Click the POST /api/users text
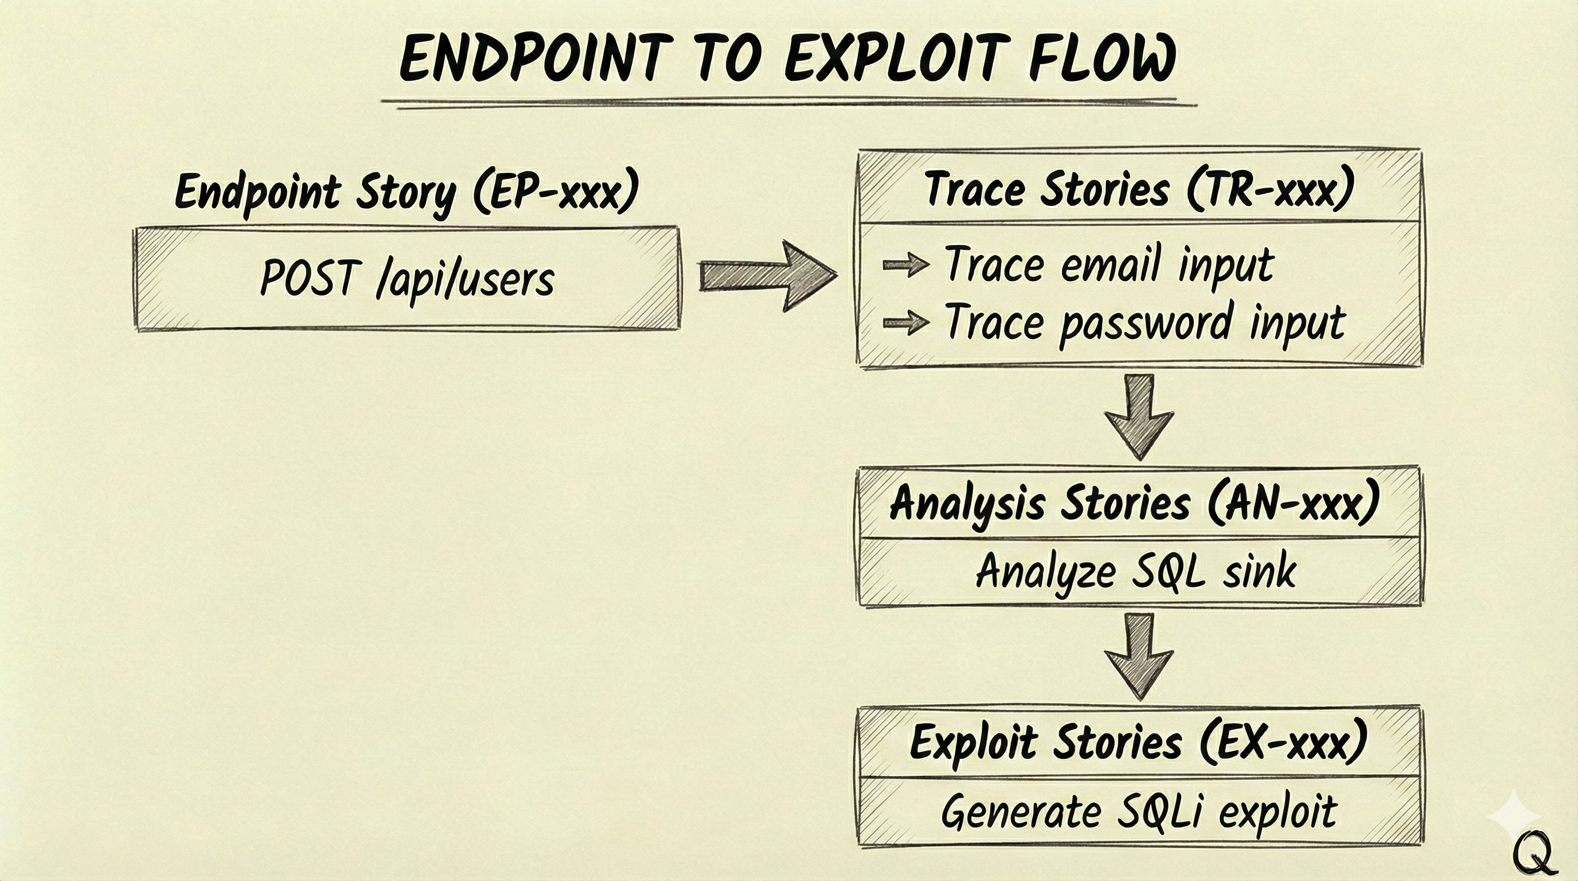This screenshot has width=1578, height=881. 407,279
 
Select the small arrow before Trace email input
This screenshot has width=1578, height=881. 905,264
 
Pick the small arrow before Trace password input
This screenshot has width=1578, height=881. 905,322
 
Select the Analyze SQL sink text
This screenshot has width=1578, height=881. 1136,572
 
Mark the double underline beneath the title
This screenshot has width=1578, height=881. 787,103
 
